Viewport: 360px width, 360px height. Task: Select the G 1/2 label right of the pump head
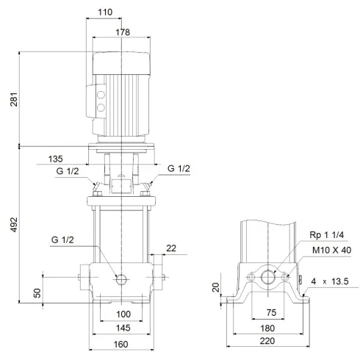click(x=179, y=168)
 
